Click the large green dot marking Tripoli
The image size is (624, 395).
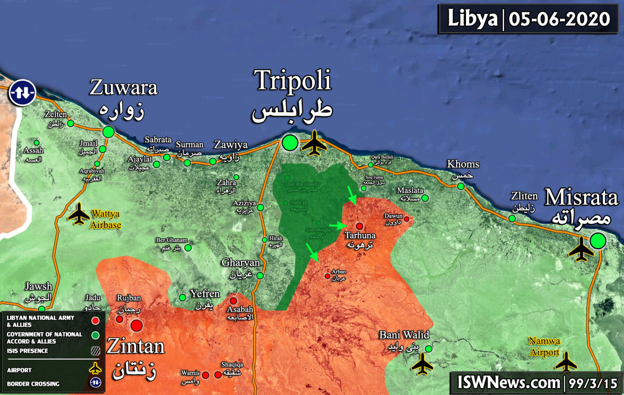(x=290, y=143)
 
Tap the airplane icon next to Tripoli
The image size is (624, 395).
(x=314, y=143)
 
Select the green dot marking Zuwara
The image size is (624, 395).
(x=108, y=132)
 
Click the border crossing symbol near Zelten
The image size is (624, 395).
(x=22, y=93)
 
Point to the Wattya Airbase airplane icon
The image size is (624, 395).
(x=78, y=214)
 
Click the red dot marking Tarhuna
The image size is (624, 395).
(x=360, y=226)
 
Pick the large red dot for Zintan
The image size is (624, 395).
(x=136, y=325)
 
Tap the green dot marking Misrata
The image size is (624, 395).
(x=598, y=241)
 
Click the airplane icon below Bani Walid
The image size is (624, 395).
(x=422, y=364)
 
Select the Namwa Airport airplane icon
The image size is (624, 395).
(x=565, y=362)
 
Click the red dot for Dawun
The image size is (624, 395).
(x=406, y=219)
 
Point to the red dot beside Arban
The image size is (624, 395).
(x=327, y=276)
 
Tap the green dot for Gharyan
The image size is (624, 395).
(x=260, y=276)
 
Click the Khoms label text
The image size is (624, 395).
(x=463, y=164)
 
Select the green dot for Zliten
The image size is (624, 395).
(x=512, y=219)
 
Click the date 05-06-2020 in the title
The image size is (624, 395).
(x=559, y=19)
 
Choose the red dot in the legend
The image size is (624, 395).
(x=95, y=321)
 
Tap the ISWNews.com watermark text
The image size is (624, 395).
(x=509, y=383)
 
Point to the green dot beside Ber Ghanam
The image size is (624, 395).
(x=188, y=248)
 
